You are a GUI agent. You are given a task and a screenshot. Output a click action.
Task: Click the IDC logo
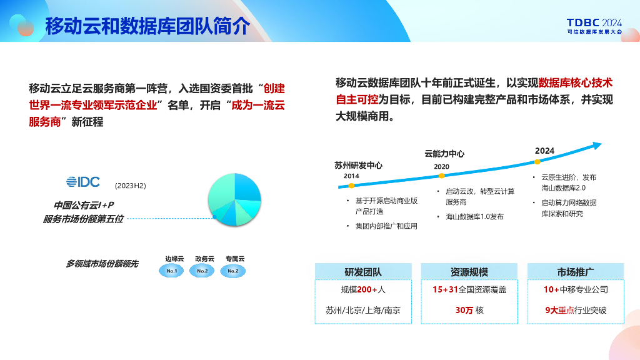coord(83,182)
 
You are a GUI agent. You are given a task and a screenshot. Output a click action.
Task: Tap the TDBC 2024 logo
coord(594,26)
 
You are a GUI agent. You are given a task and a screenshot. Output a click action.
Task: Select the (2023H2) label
coord(130,186)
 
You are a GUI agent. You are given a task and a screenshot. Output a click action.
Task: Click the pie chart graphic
coord(234,199)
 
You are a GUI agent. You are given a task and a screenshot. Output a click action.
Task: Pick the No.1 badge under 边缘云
coord(171,271)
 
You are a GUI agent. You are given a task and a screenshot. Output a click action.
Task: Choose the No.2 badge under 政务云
coord(202,271)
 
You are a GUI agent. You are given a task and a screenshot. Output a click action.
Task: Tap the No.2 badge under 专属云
coord(233,271)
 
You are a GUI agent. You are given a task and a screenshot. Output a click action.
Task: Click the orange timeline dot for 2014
coord(351,186)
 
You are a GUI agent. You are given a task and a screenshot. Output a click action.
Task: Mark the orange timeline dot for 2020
coord(442,176)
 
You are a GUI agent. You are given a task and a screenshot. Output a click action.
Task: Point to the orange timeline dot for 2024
coord(537,162)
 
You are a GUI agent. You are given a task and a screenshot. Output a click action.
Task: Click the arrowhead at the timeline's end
coord(597,145)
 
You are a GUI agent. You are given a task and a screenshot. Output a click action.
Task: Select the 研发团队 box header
coord(363,272)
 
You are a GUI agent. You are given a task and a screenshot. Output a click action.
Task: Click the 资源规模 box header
coord(469,272)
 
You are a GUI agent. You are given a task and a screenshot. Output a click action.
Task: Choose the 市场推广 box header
coord(576,272)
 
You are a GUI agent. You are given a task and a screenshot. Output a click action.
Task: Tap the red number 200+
coord(367,290)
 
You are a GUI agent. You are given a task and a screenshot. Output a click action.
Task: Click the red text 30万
coord(464,310)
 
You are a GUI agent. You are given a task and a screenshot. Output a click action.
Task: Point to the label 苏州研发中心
coord(358,165)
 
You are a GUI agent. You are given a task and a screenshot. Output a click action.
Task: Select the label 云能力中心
coord(444,154)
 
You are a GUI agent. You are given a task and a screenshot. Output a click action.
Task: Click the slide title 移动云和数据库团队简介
coord(147,26)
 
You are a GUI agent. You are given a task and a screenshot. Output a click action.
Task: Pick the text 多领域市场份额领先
coord(102,264)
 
